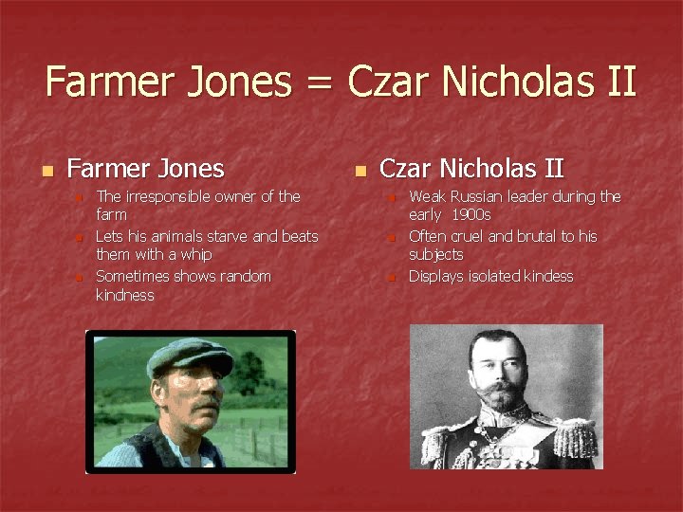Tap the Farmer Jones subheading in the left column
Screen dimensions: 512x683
click(146, 170)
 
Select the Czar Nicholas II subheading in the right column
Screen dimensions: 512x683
click(471, 170)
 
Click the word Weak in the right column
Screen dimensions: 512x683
click(427, 196)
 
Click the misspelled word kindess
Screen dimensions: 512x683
click(542, 276)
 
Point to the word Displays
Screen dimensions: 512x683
click(437, 276)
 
